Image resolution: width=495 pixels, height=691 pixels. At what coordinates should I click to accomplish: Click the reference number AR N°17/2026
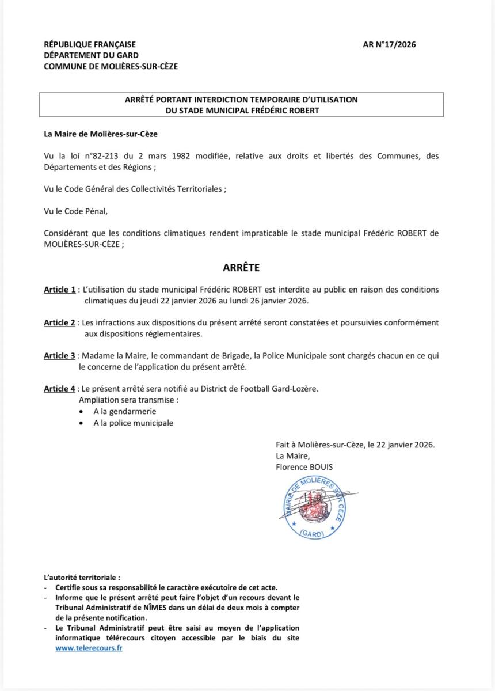[389, 44]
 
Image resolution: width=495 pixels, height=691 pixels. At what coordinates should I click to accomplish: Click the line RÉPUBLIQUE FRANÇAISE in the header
[90, 44]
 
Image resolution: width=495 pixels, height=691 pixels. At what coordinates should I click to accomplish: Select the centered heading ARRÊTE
[241, 268]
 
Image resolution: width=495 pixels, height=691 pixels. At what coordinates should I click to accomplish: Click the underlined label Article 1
[60, 290]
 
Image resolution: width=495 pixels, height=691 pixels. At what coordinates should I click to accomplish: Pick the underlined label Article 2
[60, 322]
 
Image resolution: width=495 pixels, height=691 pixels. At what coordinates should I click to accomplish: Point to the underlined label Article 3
[60, 356]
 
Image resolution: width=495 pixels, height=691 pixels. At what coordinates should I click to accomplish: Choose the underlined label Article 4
[60, 389]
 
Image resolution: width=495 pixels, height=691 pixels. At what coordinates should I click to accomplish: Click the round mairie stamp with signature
[313, 507]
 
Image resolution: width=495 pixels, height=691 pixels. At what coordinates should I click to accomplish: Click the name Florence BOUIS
[304, 467]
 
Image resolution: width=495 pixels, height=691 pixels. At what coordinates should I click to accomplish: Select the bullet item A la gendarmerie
[125, 411]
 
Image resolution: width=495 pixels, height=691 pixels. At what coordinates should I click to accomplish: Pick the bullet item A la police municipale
[134, 423]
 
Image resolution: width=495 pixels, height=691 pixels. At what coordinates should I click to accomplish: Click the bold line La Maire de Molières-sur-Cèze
[101, 134]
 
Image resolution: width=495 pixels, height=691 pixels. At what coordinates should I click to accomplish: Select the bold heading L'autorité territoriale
[82, 577]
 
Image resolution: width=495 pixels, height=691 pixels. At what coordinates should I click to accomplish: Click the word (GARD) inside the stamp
[313, 533]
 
